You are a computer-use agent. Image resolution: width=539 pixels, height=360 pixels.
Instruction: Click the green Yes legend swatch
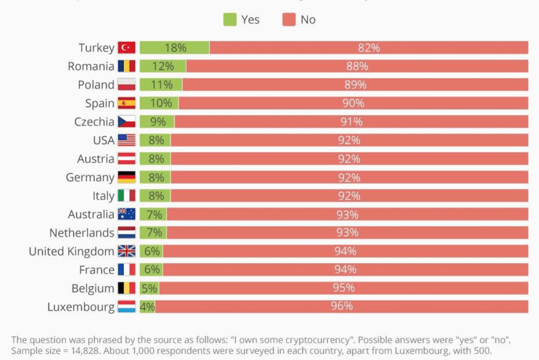click(230, 20)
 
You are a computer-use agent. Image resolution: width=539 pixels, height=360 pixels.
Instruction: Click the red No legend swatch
click(288, 20)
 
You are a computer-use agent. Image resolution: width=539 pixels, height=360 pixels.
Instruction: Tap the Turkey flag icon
click(127, 48)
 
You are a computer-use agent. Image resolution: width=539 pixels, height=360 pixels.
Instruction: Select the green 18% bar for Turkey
click(175, 48)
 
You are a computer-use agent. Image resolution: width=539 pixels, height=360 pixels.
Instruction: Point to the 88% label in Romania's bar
click(357, 66)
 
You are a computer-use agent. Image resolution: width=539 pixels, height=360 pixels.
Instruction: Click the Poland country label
click(96, 85)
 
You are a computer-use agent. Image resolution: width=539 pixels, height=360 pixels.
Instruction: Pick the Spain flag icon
click(127, 103)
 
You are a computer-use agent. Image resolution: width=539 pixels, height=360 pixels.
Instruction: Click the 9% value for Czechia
click(158, 122)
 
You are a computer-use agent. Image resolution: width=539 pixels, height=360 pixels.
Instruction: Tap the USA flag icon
click(127, 140)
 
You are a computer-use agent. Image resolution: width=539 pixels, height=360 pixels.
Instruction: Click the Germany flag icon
click(127, 177)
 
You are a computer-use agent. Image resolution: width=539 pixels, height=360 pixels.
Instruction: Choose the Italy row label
click(103, 196)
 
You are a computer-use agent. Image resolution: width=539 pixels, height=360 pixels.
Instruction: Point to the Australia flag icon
click(127, 214)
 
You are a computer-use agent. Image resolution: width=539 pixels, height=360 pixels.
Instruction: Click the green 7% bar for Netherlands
click(154, 233)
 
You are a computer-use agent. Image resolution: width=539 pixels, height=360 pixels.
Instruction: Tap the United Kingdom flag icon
click(127, 251)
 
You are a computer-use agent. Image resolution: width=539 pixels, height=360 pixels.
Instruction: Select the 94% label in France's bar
click(345, 270)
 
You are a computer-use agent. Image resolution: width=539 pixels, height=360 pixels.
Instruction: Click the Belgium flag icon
click(127, 289)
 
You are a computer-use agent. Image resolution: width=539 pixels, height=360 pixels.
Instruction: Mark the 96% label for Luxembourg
click(342, 307)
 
